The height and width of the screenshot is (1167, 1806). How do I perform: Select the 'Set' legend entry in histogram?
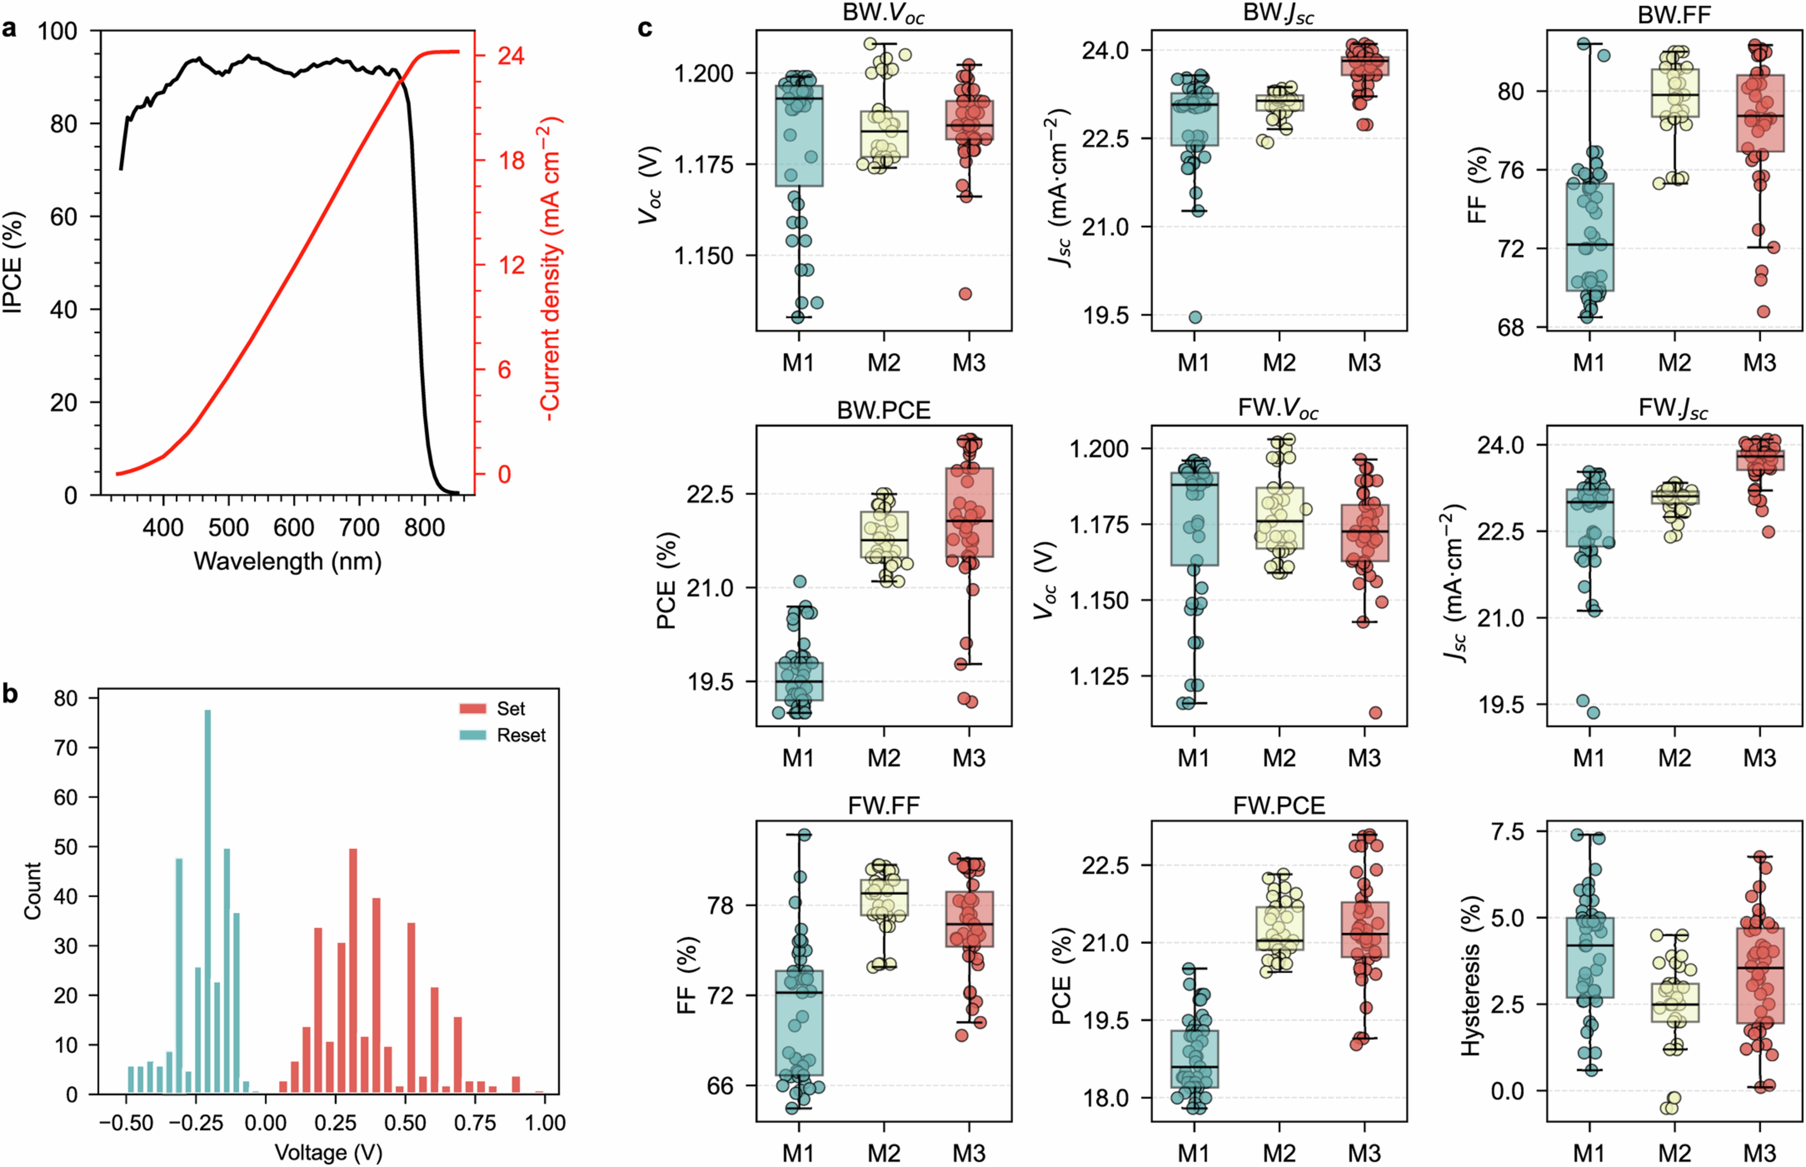pyautogui.click(x=510, y=709)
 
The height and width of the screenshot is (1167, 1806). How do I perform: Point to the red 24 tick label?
pyautogui.click(x=510, y=56)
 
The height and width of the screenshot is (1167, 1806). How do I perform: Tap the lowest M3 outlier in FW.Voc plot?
pyautogui.click(x=1375, y=712)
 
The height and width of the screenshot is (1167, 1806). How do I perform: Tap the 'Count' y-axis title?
pyautogui.click(x=32, y=890)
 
